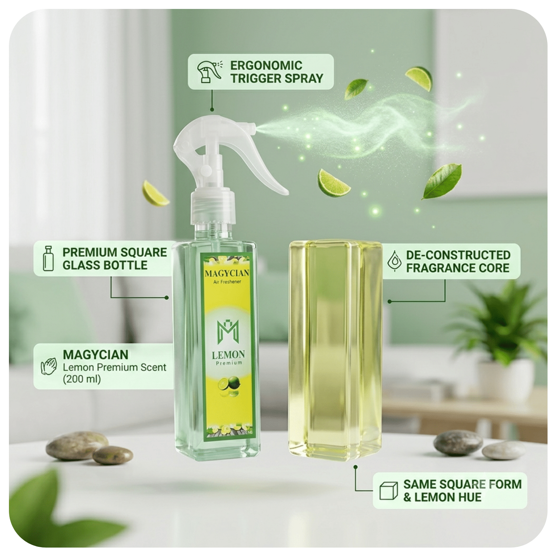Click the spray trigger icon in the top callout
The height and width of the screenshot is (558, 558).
coord(209,71)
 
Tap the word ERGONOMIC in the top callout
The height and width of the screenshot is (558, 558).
coord(266,65)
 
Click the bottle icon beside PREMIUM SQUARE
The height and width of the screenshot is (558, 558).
coord(48,258)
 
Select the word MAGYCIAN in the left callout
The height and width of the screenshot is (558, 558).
coord(96,355)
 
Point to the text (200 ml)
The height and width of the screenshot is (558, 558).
coord(82,379)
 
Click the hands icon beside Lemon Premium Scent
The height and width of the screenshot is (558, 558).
coord(49,366)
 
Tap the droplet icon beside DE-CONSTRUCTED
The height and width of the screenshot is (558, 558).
coord(394,261)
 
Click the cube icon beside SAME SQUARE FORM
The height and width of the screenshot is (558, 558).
coord(389,491)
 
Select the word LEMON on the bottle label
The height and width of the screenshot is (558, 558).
coord(228,355)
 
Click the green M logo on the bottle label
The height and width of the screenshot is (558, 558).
coord(228,331)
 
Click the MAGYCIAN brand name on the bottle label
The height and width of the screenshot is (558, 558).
coord(227,273)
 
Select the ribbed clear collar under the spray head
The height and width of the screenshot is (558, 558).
coord(213,207)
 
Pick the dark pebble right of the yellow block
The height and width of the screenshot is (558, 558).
coord(458,443)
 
